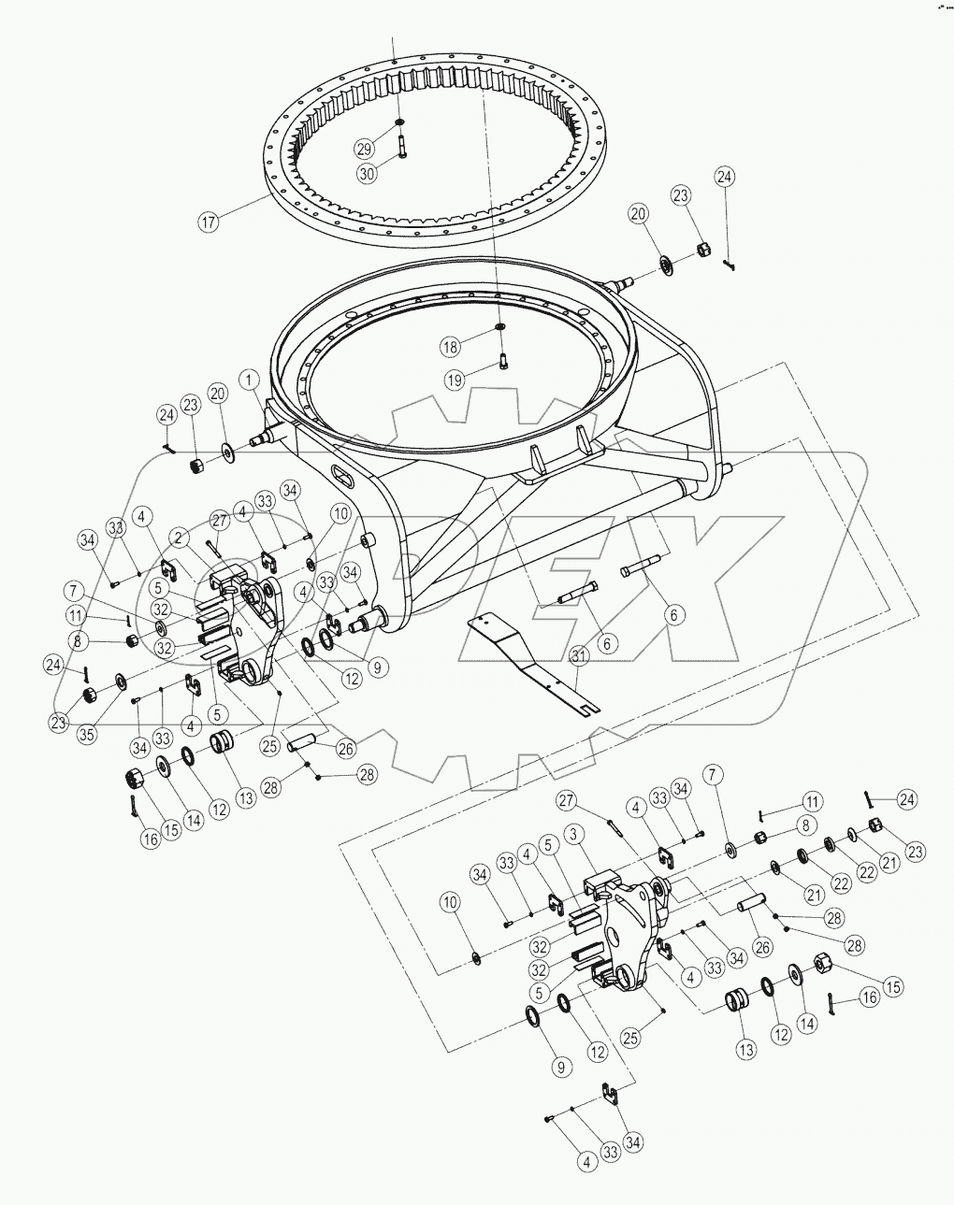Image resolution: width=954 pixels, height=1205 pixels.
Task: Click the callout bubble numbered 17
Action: click(208, 222)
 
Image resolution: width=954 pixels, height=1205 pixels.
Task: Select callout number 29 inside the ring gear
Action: click(365, 148)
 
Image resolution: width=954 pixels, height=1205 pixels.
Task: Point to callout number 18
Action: click(451, 346)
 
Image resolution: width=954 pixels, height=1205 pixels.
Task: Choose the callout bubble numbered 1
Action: click(249, 380)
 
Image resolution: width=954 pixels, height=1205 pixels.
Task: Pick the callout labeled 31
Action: click(579, 657)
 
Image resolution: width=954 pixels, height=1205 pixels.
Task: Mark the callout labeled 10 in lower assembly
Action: click(451, 902)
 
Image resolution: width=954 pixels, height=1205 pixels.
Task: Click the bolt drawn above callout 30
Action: click(401, 146)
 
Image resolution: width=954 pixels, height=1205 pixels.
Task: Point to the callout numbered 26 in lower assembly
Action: click(762, 946)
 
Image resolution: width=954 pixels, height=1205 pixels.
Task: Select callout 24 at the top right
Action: click(725, 176)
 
